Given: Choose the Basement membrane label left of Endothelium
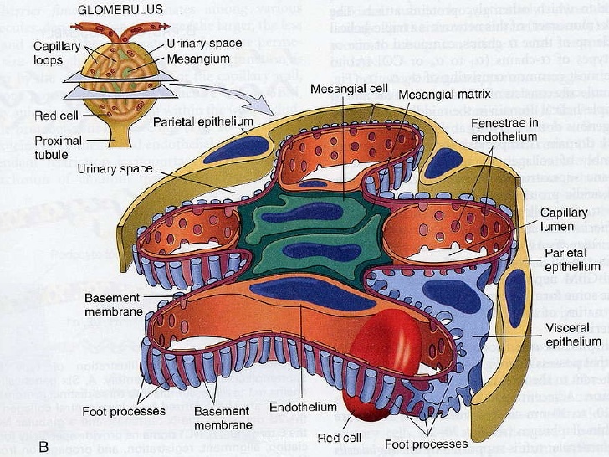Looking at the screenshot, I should (223, 418).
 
